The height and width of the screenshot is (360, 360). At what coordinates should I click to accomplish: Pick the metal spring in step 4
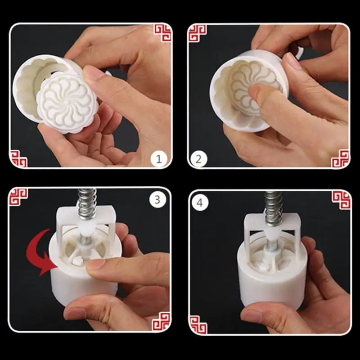(273, 202)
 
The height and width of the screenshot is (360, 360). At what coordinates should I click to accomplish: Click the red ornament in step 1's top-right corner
(162, 33)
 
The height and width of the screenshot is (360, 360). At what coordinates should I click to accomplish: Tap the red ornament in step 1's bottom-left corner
(18, 158)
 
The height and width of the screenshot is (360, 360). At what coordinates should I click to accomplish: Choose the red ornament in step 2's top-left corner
(197, 33)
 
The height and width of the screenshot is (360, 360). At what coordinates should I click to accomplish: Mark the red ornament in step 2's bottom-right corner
(341, 158)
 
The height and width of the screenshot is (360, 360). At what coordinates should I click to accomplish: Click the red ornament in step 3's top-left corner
(18, 197)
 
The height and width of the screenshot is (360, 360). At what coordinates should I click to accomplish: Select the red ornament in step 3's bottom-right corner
(161, 324)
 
